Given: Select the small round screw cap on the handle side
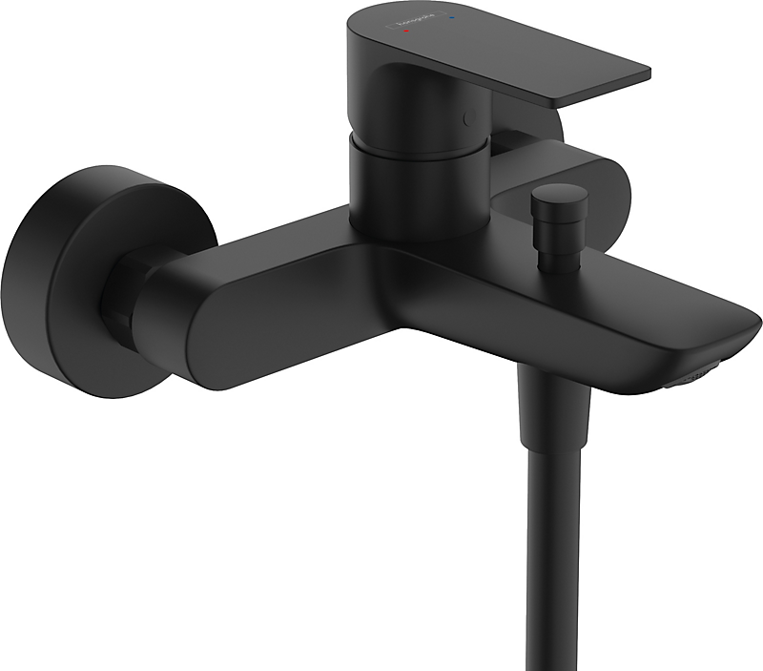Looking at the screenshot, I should click(466, 117).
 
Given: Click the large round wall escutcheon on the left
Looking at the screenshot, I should click(57, 277).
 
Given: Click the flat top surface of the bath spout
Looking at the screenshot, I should click(591, 296).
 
